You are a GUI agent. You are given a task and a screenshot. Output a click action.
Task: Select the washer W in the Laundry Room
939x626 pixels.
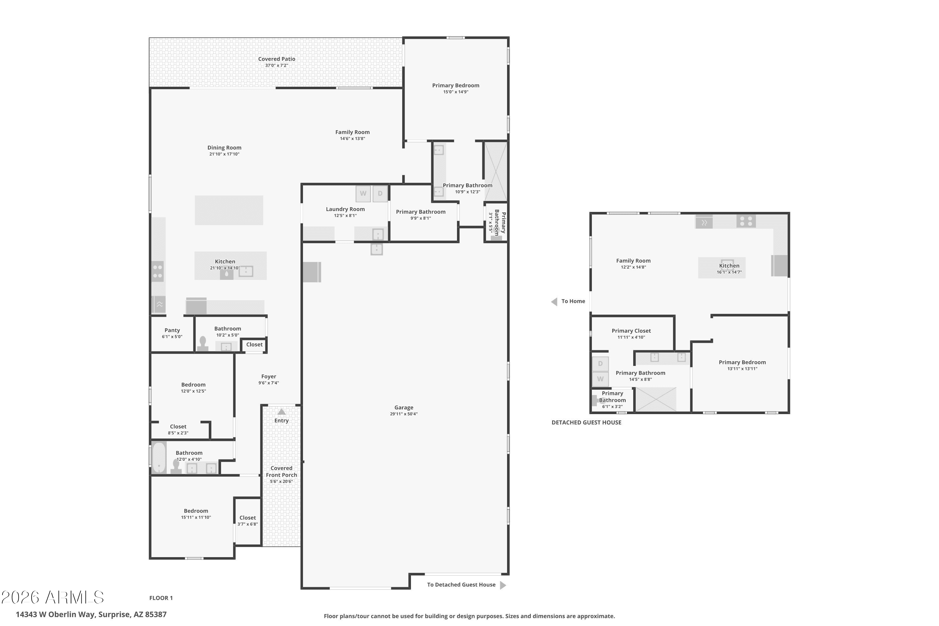pos(363,194)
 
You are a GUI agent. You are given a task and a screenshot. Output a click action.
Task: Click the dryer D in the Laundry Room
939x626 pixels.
pos(380,194)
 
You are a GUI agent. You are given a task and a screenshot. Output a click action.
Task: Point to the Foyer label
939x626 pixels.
pos(269,377)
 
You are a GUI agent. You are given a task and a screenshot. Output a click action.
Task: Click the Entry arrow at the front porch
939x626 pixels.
pos(281,412)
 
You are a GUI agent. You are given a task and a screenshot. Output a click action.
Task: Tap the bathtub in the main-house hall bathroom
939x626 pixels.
pos(159,458)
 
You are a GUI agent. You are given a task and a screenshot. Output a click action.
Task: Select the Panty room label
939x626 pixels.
pos(172,330)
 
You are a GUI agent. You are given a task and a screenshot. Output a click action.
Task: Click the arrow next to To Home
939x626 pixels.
pos(554,301)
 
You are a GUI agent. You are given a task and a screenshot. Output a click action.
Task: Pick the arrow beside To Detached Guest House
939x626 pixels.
pos(503,585)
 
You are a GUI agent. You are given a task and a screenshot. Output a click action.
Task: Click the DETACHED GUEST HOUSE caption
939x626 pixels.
pos(587,422)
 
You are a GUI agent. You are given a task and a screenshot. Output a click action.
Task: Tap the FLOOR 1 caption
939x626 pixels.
pos(161,598)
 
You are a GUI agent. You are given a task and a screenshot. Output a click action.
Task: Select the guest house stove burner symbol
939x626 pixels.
pos(746,221)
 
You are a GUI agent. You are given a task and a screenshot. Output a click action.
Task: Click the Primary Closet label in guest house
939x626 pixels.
pos(631,331)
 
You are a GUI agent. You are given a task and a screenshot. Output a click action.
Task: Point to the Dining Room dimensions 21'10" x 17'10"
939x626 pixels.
pos(224,154)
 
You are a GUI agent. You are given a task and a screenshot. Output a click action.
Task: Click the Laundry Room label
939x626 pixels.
pos(345,209)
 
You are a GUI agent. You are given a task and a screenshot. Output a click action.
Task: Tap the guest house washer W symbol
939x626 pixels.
pos(600,379)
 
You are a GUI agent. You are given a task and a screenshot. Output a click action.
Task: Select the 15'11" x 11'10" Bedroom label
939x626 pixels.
pos(196,514)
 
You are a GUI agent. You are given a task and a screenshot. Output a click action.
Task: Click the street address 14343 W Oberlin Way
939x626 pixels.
pos(56,614)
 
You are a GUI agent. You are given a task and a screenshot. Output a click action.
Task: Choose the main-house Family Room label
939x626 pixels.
pos(352,132)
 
